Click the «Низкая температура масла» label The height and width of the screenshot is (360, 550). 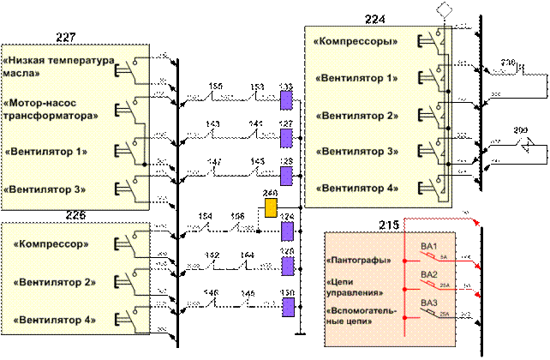pos(58,68)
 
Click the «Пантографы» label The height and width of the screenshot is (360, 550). pos(359,260)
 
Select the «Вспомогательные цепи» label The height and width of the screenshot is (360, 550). pos(361,317)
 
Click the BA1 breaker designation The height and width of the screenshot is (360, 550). pos(429,247)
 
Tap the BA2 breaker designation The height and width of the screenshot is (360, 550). pos(429,274)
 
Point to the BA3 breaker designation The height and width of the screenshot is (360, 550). pos(429,303)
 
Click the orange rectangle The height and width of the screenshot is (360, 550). pos(271,207)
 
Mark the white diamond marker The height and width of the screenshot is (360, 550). pos(444,9)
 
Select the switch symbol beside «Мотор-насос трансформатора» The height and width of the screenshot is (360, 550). pos(132,109)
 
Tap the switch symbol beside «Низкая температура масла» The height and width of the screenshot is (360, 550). pos(130,67)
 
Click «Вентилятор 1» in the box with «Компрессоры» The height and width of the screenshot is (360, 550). pos(356,78)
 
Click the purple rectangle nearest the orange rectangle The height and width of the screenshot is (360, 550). pos(288,230)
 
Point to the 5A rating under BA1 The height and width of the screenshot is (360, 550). pos(443,256)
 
